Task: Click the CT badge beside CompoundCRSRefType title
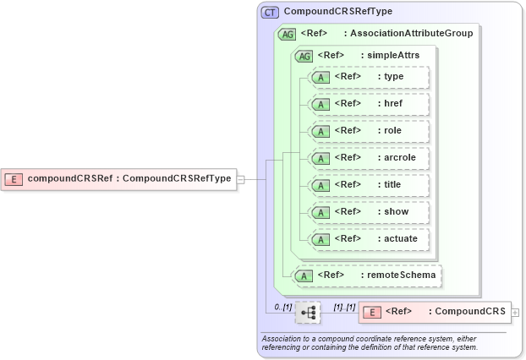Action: click(271, 13)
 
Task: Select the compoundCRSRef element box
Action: click(119, 178)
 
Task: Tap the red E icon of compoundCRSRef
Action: click(14, 178)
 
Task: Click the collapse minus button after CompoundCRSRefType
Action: click(241, 179)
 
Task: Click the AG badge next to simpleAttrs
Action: click(302, 56)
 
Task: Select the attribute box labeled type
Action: click(370, 77)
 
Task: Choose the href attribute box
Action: click(370, 104)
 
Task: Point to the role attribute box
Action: click(370, 131)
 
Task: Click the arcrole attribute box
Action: click(370, 158)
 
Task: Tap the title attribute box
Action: click(370, 185)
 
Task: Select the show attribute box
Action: click(370, 212)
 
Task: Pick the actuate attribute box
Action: click(370, 239)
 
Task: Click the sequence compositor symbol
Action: click(309, 313)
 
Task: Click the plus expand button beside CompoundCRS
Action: click(515, 313)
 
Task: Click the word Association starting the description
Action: click(287, 339)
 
